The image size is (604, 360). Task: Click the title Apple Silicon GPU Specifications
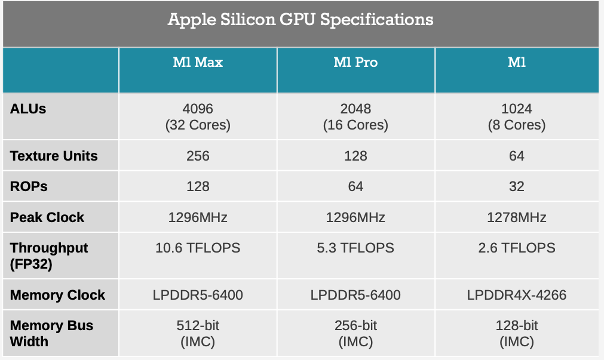coord(301,20)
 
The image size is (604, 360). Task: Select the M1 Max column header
coord(198,62)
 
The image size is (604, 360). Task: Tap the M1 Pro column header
coord(355,62)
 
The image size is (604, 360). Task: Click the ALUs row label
coord(28,109)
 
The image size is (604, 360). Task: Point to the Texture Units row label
coord(54,156)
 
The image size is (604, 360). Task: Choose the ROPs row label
coord(29,187)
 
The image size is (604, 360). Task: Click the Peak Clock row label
coord(47,217)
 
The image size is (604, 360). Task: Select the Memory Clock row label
coord(57,295)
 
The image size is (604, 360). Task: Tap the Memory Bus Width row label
coord(51,334)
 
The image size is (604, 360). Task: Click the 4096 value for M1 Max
coord(198,109)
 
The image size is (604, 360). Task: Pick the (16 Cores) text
coord(355,125)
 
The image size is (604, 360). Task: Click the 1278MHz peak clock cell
coord(517,217)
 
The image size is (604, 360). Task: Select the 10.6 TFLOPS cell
coord(198,248)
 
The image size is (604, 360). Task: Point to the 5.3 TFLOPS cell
coord(355,248)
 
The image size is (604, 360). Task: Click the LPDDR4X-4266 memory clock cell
coord(517,295)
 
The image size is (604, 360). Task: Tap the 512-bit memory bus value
coord(198,326)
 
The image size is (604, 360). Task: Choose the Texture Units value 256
coord(198,156)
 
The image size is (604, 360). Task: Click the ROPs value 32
coord(517,187)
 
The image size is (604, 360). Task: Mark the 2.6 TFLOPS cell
coord(517,248)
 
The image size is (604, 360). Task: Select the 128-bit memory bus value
coord(517,326)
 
